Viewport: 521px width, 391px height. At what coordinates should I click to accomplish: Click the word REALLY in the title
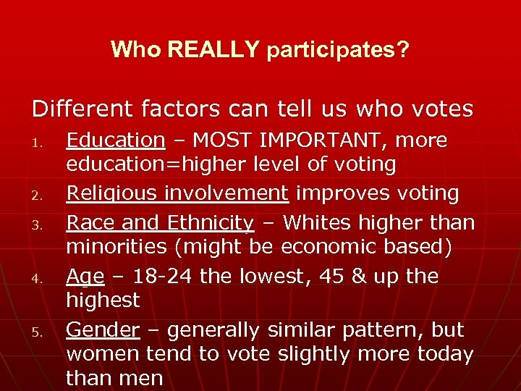[212, 50]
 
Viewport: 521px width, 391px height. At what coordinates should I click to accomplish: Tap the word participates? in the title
[338, 50]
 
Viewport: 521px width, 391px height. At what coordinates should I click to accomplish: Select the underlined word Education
[116, 140]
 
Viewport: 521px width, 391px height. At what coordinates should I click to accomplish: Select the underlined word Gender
[102, 330]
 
